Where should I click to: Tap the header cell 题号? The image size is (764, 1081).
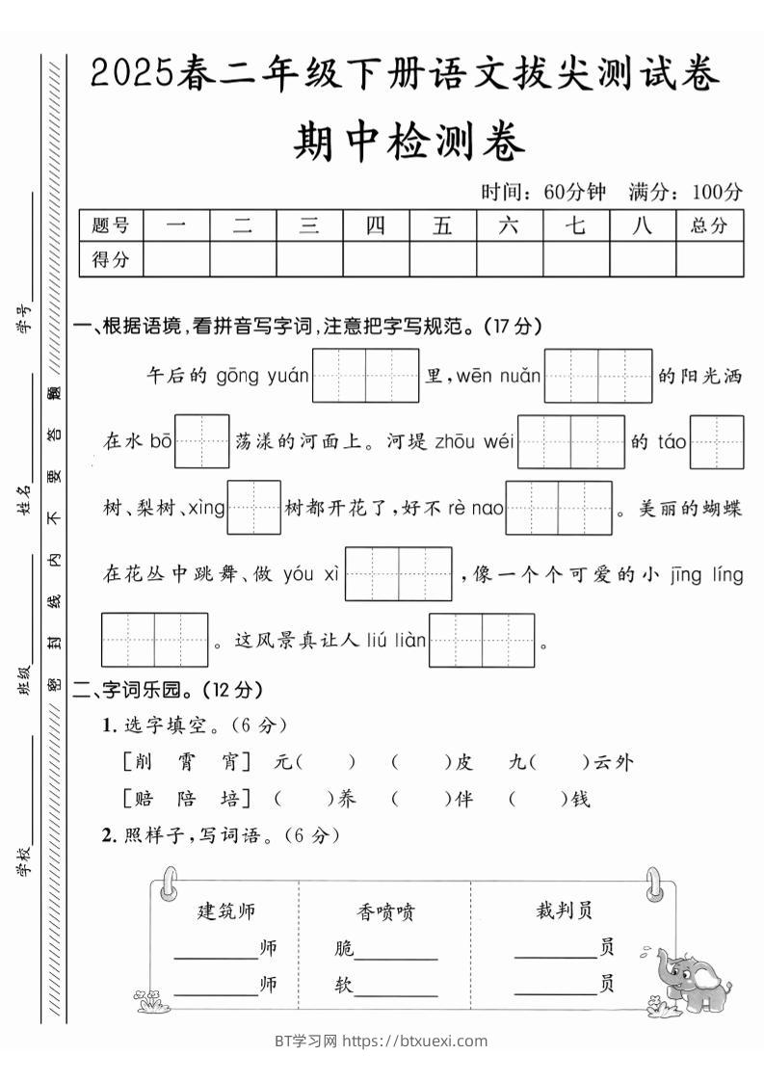(111, 225)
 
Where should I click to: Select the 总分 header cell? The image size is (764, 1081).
(709, 225)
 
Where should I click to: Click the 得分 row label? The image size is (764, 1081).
(111, 258)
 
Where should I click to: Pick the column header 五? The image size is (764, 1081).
(442, 225)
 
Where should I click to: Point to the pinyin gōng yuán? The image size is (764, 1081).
(262, 376)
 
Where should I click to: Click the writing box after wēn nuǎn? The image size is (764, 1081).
(598, 376)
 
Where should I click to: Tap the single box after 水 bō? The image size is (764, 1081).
(202, 442)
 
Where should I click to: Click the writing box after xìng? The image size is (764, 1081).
(253, 508)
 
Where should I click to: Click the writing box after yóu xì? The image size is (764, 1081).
(398, 574)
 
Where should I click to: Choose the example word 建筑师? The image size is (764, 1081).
(226, 910)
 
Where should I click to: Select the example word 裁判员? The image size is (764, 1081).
(565, 910)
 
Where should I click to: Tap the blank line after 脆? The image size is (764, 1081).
(396, 950)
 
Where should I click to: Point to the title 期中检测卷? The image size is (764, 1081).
(408, 145)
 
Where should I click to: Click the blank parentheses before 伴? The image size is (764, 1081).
(422, 799)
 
